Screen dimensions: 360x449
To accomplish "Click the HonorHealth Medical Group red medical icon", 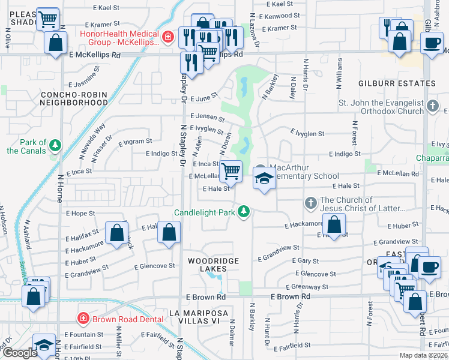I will click(168, 37).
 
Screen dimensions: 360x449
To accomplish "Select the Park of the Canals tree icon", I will click(55, 146).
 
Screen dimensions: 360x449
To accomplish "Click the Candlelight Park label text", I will click(205, 212).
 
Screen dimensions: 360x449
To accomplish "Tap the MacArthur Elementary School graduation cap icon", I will click(264, 179).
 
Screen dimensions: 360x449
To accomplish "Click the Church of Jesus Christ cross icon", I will click(311, 204).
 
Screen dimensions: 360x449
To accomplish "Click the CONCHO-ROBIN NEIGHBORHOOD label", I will click(73, 98).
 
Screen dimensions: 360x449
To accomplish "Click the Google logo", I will click(19, 352).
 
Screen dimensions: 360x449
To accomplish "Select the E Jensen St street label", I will click(206, 116).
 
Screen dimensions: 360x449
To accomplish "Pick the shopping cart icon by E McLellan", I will click(231, 172).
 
